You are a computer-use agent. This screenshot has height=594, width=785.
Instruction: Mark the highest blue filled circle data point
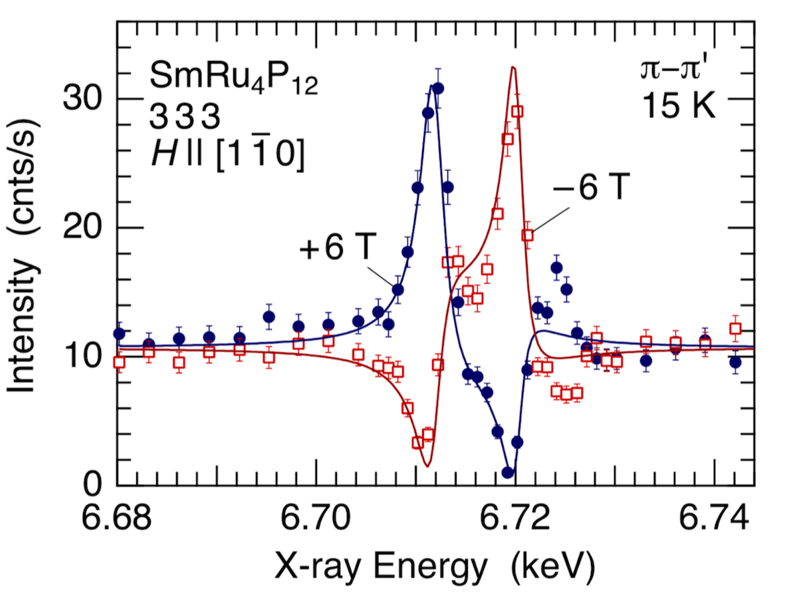click(437, 88)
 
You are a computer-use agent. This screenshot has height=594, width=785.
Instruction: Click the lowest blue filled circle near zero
click(508, 472)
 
